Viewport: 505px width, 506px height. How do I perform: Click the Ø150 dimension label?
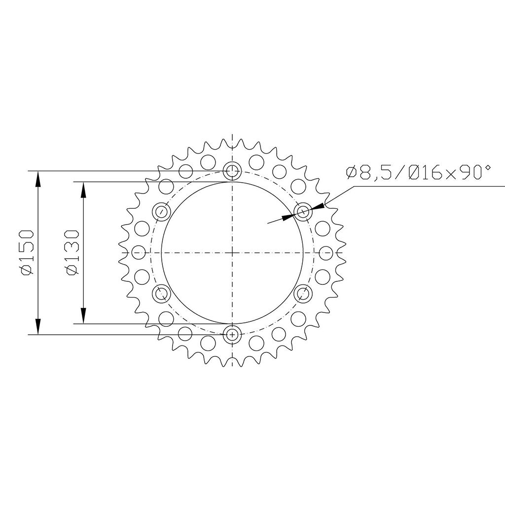point(27,253)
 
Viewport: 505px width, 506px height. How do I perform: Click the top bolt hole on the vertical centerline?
point(232,171)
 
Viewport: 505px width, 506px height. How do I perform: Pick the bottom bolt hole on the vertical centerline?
point(232,334)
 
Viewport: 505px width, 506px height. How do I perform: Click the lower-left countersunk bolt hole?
point(161,294)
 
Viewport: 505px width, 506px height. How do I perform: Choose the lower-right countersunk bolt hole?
point(303,294)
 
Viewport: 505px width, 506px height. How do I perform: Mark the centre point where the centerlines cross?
point(232,253)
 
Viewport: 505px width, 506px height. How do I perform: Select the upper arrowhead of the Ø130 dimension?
point(84,189)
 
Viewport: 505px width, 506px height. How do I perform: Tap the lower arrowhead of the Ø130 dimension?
point(84,316)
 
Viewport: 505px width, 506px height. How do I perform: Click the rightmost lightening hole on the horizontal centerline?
point(325,253)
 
